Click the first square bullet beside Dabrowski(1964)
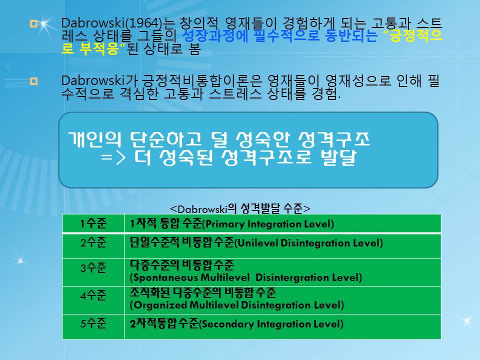(33, 23)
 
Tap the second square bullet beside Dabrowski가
(33, 81)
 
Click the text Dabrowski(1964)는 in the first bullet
(118, 23)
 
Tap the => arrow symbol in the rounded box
(113, 157)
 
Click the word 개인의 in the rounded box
(94, 139)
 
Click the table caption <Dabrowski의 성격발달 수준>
(240, 208)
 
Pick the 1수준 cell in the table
(93, 223)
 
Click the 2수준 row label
(93, 242)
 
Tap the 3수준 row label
(93, 267)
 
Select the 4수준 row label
(93, 295)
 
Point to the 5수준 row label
(93, 323)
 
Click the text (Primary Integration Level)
(268, 224)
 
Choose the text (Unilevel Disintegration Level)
(309, 243)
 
